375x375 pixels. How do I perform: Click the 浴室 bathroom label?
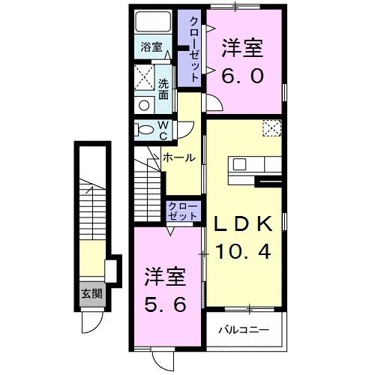click(x=152, y=46)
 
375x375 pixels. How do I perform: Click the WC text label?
click(x=163, y=129)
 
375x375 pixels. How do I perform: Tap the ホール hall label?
click(x=181, y=157)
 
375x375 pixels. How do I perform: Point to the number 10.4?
click(x=244, y=253)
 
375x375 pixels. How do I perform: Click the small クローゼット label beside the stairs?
click(x=183, y=210)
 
